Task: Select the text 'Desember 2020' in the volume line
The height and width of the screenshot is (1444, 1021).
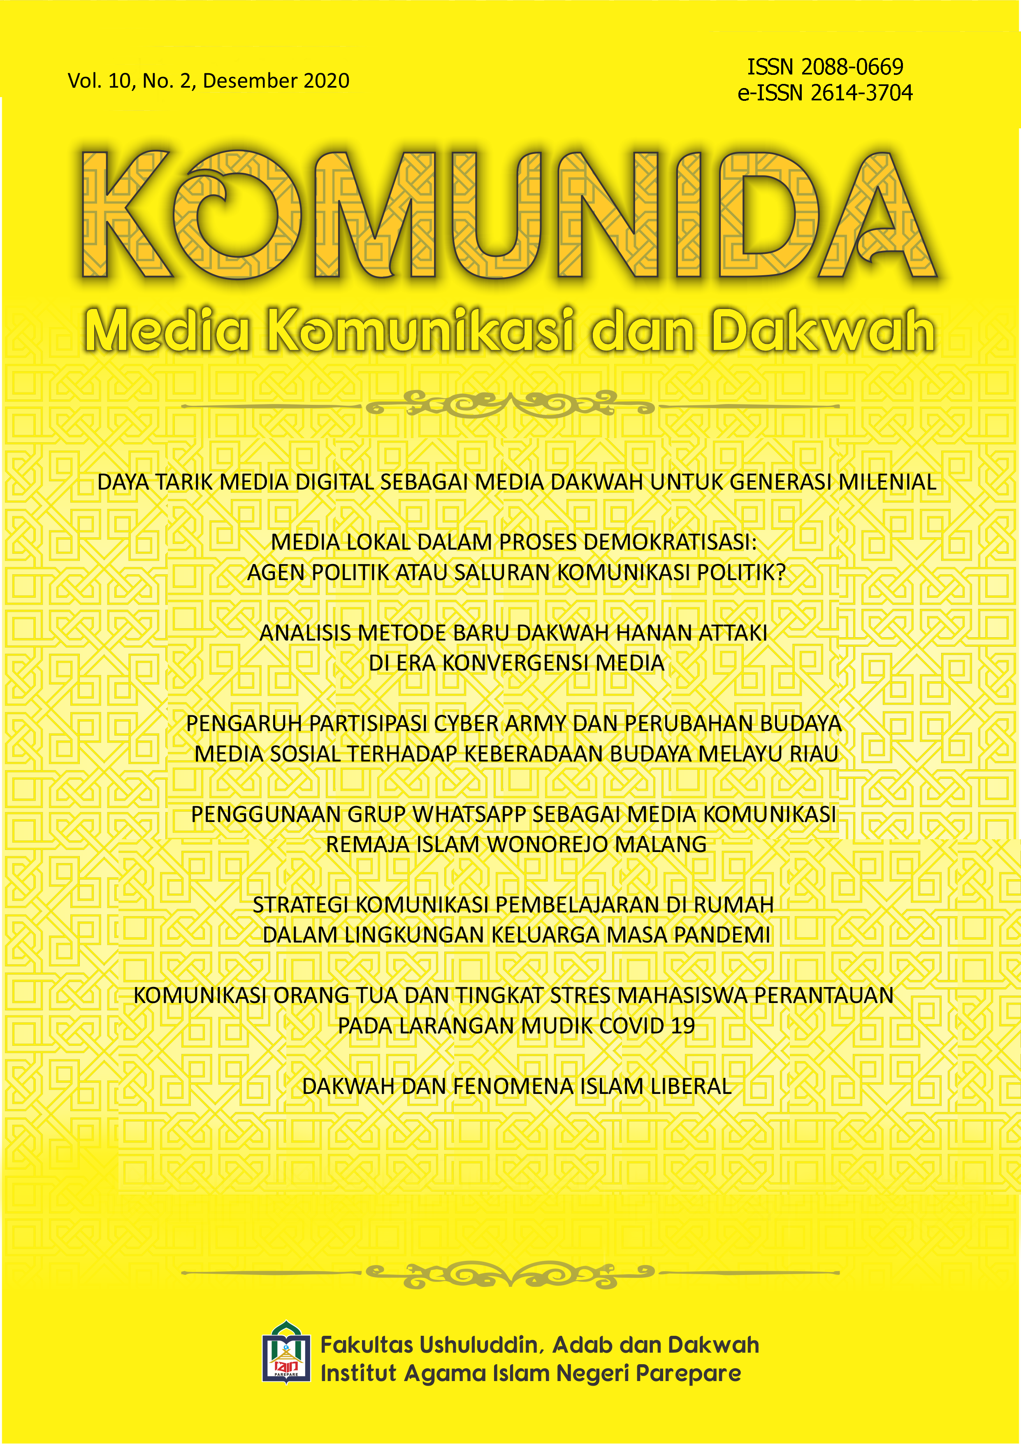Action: [276, 81]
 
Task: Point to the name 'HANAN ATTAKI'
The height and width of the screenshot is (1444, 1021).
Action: [691, 633]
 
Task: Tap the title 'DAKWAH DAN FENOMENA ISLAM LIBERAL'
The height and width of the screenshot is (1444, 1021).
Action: [516, 1086]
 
